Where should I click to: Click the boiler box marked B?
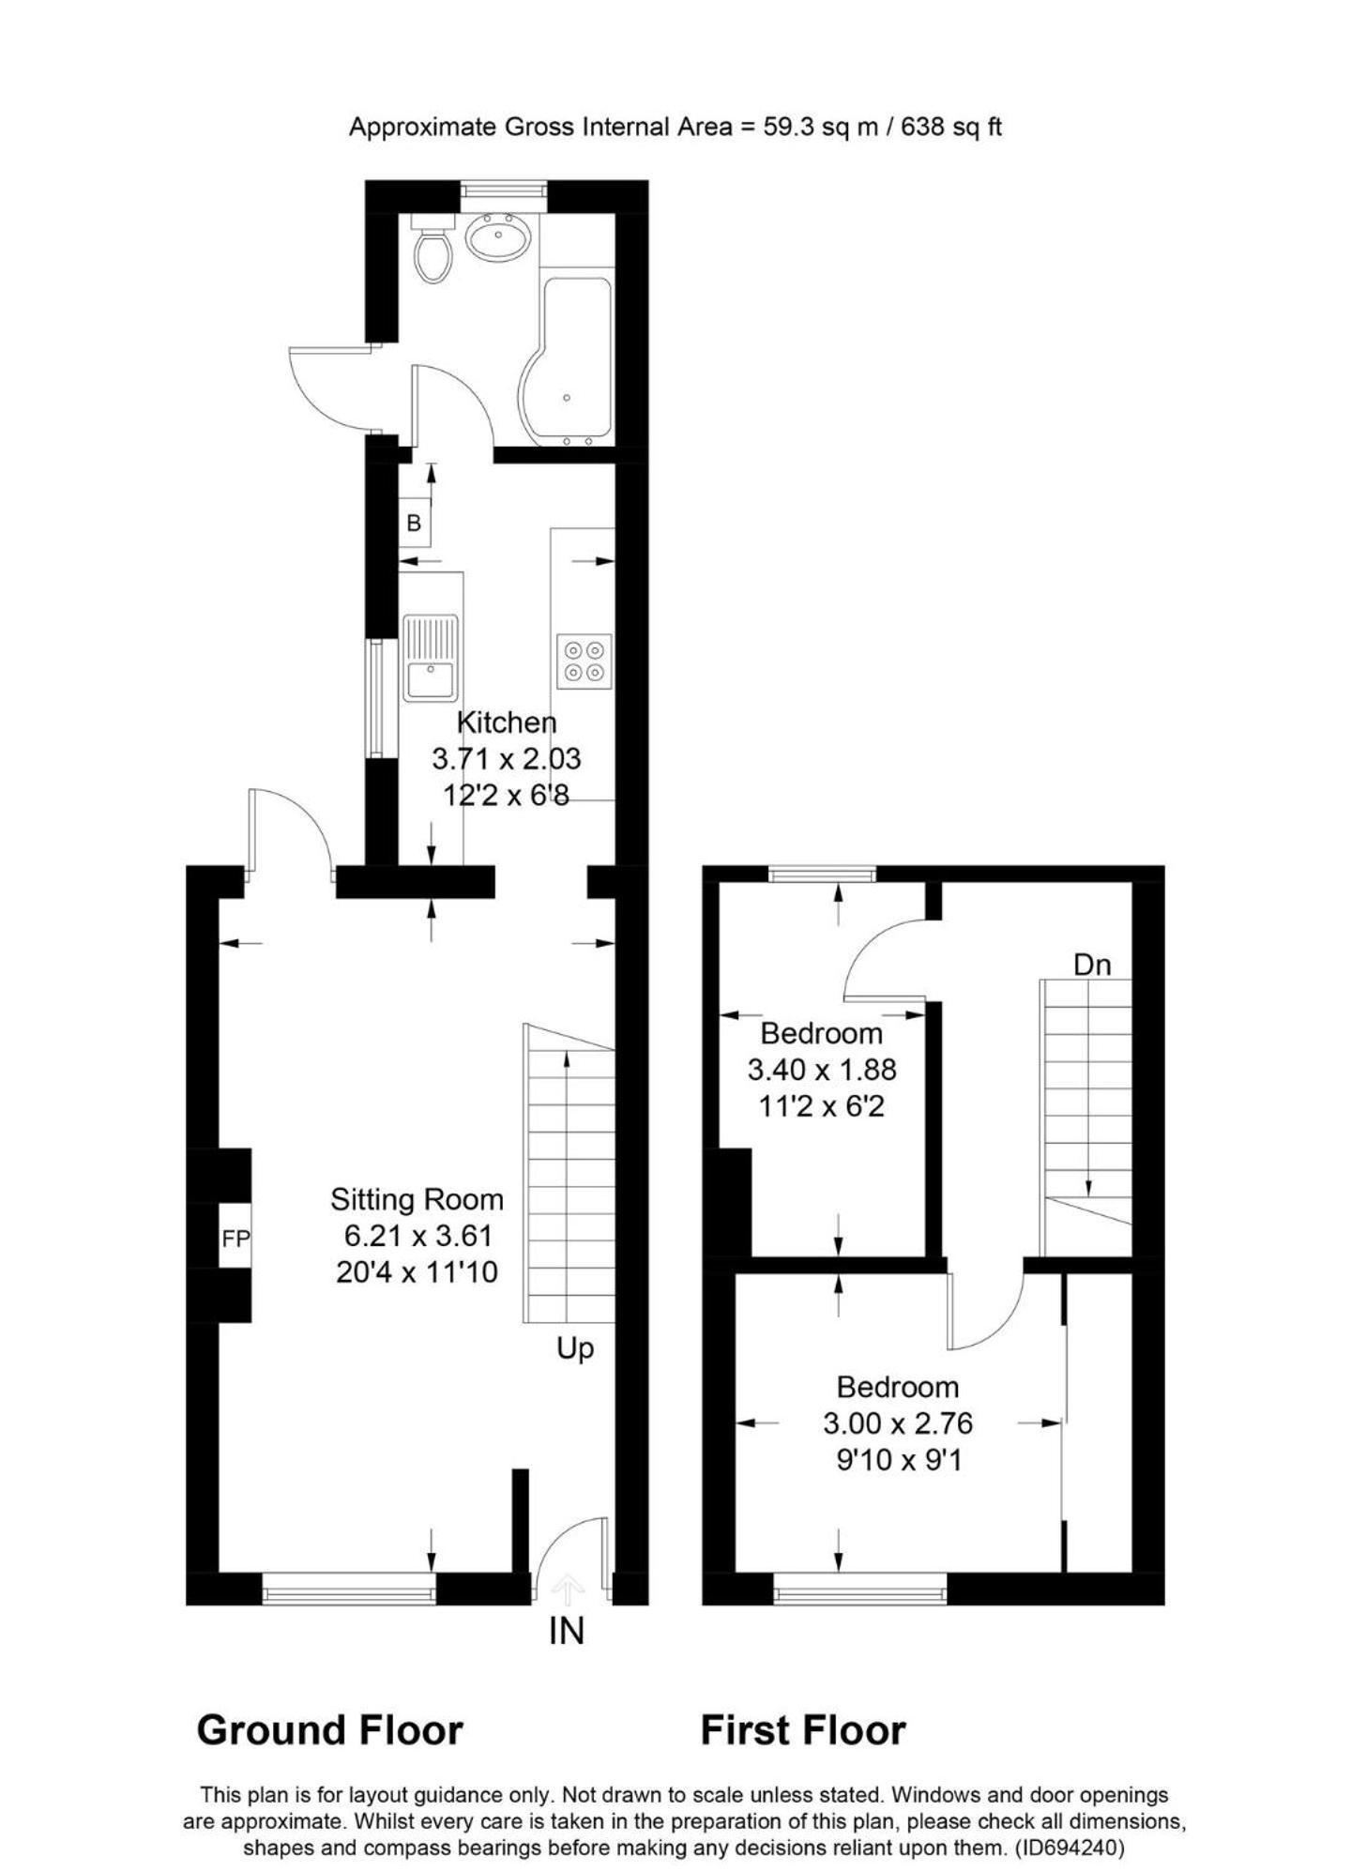pyautogui.click(x=414, y=523)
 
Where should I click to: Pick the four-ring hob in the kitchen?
pyautogui.click(x=584, y=662)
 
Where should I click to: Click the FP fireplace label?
pyautogui.click(x=235, y=1239)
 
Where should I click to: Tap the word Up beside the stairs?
pyautogui.click(x=574, y=1350)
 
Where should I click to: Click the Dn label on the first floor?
pyautogui.click(x=1091, y=965)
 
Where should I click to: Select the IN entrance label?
pyautogui.click(x=566, y=1632)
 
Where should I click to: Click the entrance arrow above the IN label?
pyautogui.click(x=567, y=1589)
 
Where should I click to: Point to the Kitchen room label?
pyautogui.click(x=506, y=723)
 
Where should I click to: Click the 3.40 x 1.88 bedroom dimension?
pyautogui.click(x=822, y=1070)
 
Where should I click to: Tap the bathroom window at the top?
pyautogui.click(x=504, y=190)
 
